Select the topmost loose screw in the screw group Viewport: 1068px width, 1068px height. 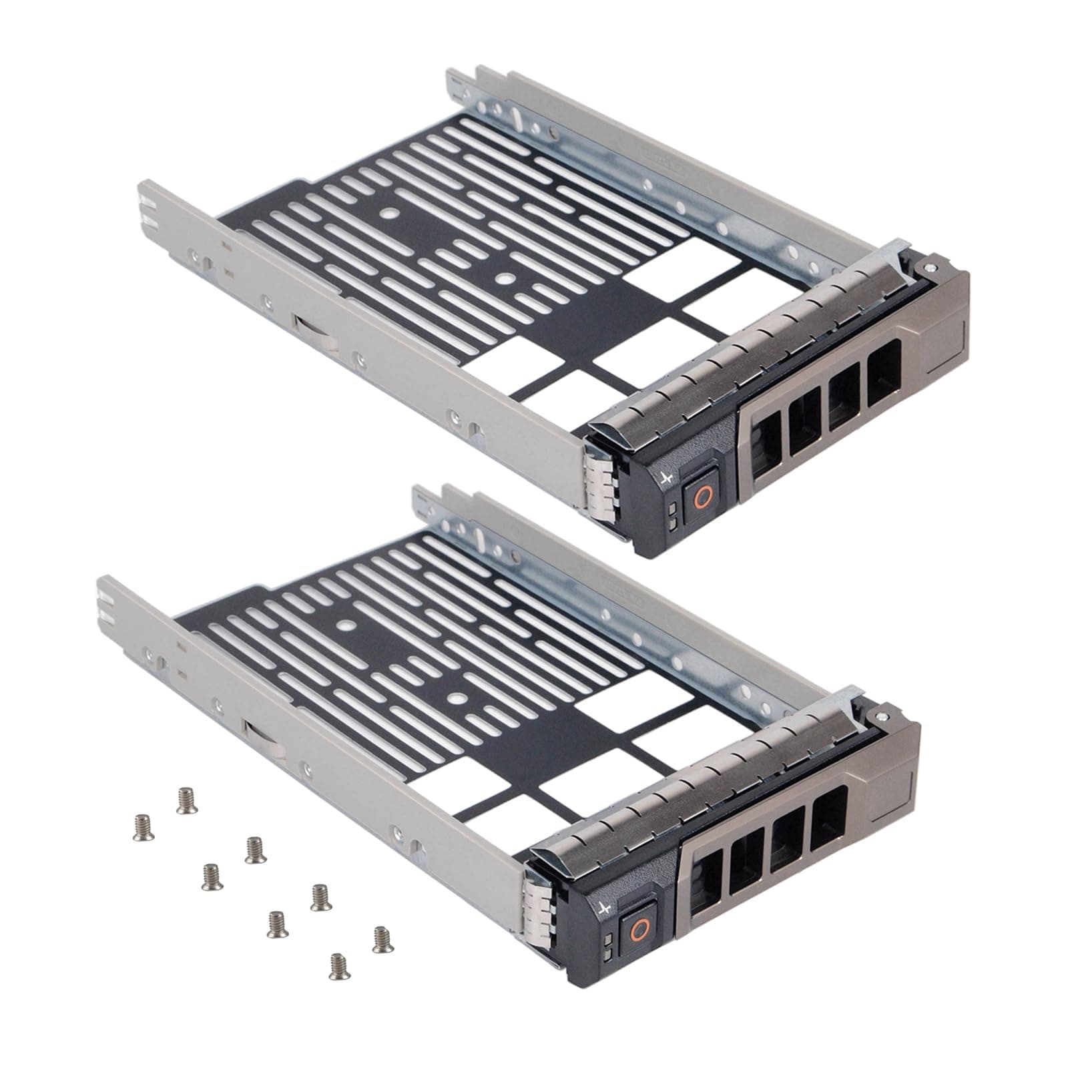click(x=183, y=799)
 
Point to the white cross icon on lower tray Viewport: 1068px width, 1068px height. click(x=605, y=910)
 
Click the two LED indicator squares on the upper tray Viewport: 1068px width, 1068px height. click(x=671, y=513)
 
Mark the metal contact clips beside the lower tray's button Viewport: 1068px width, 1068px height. click(x=537, y=911)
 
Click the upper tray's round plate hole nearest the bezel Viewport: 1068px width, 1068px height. click(x=505, y=280)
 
